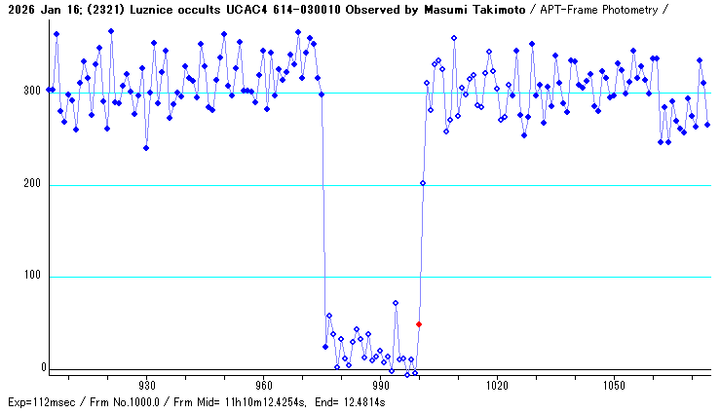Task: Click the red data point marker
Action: [x=419, y=324]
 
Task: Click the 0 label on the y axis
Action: [x=42, y=368]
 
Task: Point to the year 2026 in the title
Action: [x=19, y=10]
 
